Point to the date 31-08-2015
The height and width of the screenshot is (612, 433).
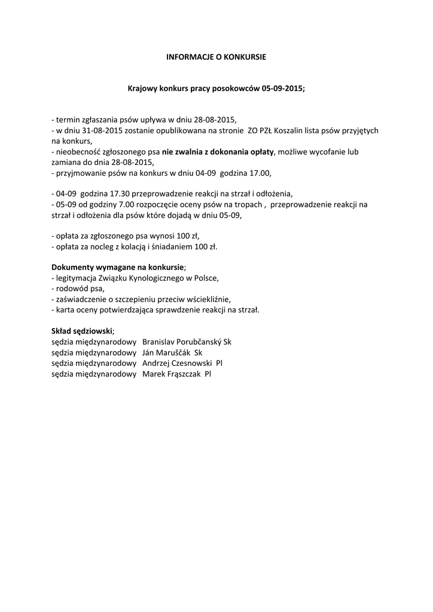coord(100,130)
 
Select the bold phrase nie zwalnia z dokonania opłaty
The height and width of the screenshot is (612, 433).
coord(218,152)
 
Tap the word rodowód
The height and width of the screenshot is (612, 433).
coord(72,288)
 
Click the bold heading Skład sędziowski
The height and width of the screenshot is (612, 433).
coord(81,331)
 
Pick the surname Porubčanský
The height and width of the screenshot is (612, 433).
coord(196,342)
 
